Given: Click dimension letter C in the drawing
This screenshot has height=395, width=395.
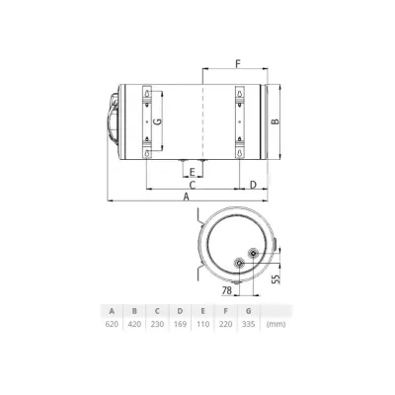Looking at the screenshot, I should pyautogui.click(x=192, y=184).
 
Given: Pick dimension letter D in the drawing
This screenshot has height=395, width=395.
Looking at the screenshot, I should pyautogui.click(x=254, y=184).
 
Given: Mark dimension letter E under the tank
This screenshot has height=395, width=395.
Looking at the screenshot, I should pyautogui.click(x=192, y=171).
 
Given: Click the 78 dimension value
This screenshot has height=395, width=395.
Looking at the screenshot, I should pyautogui.click(x=227, y=290).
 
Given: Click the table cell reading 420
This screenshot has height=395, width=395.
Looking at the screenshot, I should pyautogui.click(x=135, y=324).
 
